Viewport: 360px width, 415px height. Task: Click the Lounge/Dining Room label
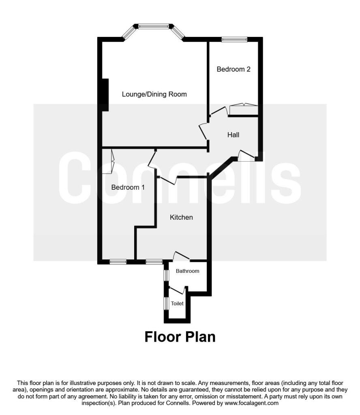(x=154, y=94)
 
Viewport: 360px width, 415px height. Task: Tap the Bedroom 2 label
(x=234, y=69)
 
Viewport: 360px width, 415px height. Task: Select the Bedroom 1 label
(x=128, y=187)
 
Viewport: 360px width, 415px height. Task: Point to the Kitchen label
(x=181, y=217)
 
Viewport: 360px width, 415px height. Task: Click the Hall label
(x=233, y=135)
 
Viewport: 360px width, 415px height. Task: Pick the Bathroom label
(x=187, y=271)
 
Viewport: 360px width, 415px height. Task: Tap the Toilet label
(x=177, y=304)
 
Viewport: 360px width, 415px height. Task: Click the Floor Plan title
(x=180, y=337)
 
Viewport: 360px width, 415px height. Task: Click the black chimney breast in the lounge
(x=105, y=95)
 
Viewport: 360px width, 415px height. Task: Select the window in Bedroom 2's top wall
(x=235, y=40)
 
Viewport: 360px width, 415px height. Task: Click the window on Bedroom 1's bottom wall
(x=118, y=262)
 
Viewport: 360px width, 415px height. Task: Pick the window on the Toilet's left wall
(x=166, y=303)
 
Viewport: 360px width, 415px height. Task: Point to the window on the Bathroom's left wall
(x=166, y=275)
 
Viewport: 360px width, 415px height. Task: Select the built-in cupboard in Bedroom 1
(x=108, y=161)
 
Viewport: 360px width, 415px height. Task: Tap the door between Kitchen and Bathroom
(x=181, y=256)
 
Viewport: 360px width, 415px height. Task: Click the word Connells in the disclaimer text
(x=177, y=403)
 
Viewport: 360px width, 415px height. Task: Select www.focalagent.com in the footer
(x=251, y=403)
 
